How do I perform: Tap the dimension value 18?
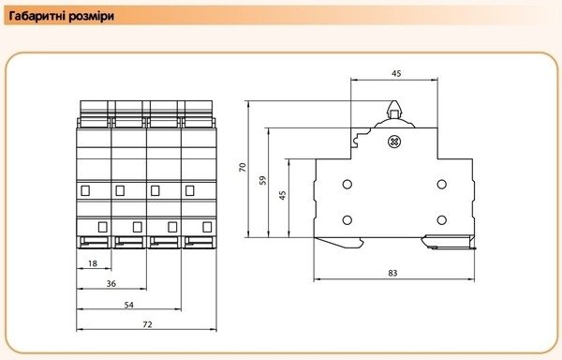click(93, 263)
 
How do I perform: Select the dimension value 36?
click(111, 284)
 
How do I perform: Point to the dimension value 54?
click(128, 305)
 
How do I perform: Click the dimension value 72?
click(147, 324)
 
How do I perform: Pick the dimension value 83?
click(392, 273)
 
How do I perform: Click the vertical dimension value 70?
click(243, 168)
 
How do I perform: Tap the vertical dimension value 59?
click(263, 180)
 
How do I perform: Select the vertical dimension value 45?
click(283, 195)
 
